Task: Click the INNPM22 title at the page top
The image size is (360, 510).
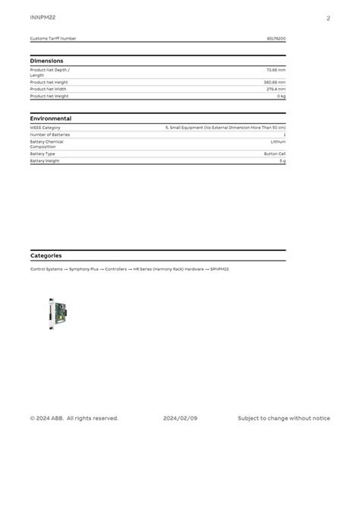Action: click(x=43, y=17)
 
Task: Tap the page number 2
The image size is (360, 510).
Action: click(x=328, y=17)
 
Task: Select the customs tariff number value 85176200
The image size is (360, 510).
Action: click(x=276, y=38)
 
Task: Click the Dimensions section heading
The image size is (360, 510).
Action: click(x=47, y=61)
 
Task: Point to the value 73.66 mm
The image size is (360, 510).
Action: click(x=276, y=70)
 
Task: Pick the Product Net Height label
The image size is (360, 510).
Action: click(x=49, y=82)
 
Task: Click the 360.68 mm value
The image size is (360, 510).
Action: click(x=274, y=82)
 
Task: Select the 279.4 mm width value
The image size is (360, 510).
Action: click(x=276, y=89)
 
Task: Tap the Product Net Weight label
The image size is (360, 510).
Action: click(x=49, y=97)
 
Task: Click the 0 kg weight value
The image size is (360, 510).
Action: click(x=281, y=97)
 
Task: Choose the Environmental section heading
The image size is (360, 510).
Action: click(x=51, y=119)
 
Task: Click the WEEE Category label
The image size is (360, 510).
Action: click(x=45, y=128)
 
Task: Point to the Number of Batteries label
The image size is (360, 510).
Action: click(x=49, y=135)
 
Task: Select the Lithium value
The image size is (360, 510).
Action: click(x=278, y=141)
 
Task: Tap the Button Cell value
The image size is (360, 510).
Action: click(x=275, y=154)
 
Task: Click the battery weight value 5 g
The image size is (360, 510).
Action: click(x=283, y=161)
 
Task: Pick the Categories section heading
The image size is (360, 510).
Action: click(x=46, y=255)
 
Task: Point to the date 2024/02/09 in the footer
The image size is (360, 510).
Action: click(x=180, y=418)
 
